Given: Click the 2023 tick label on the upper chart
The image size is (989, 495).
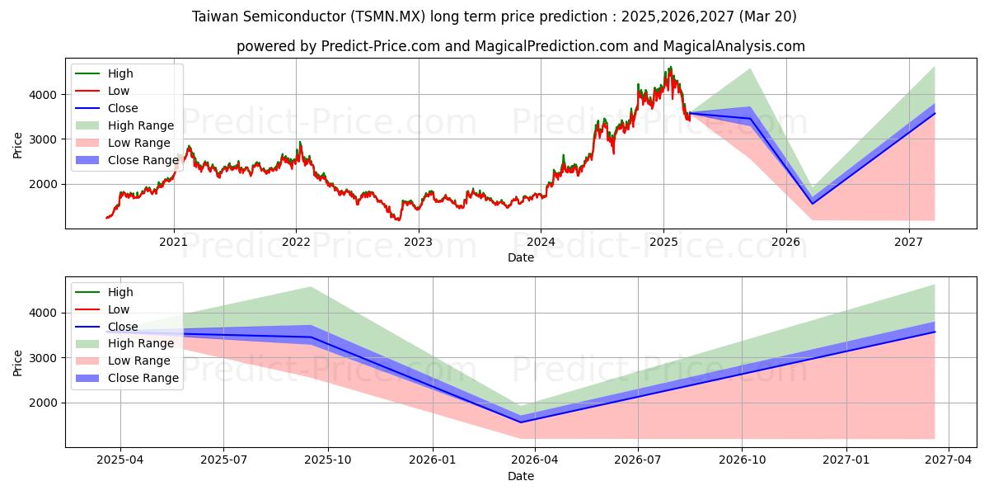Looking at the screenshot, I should coord(418,243).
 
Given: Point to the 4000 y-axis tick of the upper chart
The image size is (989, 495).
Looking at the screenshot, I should coord(46,95).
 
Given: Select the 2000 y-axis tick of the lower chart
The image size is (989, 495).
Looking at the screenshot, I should coord(46,403).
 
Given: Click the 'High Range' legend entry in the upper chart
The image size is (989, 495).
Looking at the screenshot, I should coord(140,125).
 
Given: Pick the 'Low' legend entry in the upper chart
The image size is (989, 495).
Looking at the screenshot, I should coord(119,91).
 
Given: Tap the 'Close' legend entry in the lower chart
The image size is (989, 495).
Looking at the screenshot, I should coord(123,327).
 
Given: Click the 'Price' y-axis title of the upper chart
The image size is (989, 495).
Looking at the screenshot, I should coord(18,145).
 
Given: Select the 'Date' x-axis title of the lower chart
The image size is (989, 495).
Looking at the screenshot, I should coord(520,476).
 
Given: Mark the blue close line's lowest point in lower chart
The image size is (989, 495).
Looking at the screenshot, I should coord(521,422).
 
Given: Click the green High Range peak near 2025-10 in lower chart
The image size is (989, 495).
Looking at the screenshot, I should coord(310,287).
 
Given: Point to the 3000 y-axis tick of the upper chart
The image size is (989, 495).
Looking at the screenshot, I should coord(46,139).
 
